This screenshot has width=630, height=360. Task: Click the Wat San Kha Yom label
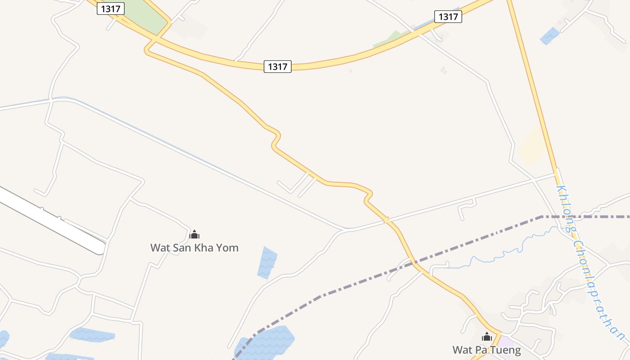pyautogui.click(x=194, y=247)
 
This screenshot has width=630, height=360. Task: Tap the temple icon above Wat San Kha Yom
pyautogui.click(x=194, y=234)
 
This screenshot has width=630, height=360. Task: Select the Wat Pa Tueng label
pyautogui.click(x=486, y=350)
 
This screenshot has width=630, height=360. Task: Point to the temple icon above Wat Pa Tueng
pyautogui.click(x=487, y=337)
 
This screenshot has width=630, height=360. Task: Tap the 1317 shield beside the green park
pyautogui.click(x=111, y=9)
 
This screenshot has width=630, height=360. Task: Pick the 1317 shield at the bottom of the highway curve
pyautogui.click(x=277, y=67)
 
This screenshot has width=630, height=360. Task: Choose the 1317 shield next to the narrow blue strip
pyautogui.click(x=448, y=17)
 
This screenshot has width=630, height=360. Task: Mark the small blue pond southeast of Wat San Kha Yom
pyautogui.click(x=267, y=262)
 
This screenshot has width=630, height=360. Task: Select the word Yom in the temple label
pyautogui.click(x=227, y=247)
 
